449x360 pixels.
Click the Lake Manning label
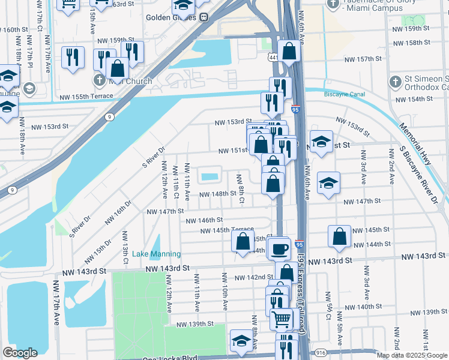click(156, 254)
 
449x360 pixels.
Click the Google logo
click(20, 353)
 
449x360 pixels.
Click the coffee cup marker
click(280, 248)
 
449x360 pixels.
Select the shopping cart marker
click(281, 318)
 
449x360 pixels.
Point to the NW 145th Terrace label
click(227, 230)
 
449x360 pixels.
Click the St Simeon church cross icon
click(395, 82)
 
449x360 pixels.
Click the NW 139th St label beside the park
click(195, 324)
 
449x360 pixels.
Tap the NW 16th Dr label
click(119, 213)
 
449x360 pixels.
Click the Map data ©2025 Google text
click(412, 355)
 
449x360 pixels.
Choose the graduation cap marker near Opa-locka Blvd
click(241, 341)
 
